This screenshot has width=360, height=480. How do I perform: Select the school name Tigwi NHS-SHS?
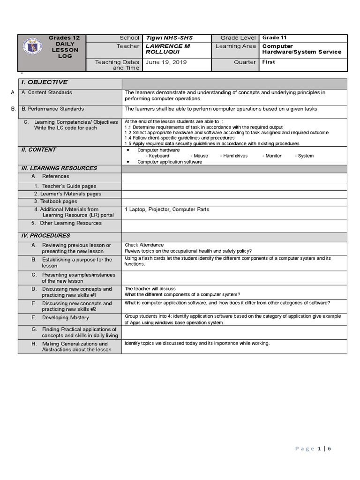coord(169,38)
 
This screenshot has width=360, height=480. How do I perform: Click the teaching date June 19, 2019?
coord(166,62)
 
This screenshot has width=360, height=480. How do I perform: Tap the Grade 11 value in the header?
coord(274,38)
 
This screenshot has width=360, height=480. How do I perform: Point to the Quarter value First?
coord(269,62)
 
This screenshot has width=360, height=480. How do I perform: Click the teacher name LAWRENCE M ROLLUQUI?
coord(167,49)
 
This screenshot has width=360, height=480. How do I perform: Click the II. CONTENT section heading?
coord(38,150)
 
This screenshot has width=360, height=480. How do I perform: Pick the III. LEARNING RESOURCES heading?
coord(59,168)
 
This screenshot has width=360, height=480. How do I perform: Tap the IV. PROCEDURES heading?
coord(45,236)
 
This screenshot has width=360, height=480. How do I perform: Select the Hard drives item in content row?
coord(235,156)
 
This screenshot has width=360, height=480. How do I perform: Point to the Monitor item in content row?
coord(273,156)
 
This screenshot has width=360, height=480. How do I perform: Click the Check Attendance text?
coord(144,245)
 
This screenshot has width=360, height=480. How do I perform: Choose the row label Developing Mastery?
coord(65,318)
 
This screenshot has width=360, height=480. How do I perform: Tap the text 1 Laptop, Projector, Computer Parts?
coord(167,210)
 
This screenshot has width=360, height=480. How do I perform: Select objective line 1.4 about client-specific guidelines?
coord(179,138)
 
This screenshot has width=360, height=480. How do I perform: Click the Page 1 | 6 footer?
coord(313,449)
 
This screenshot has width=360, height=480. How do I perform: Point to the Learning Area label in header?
coord(235,46)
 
